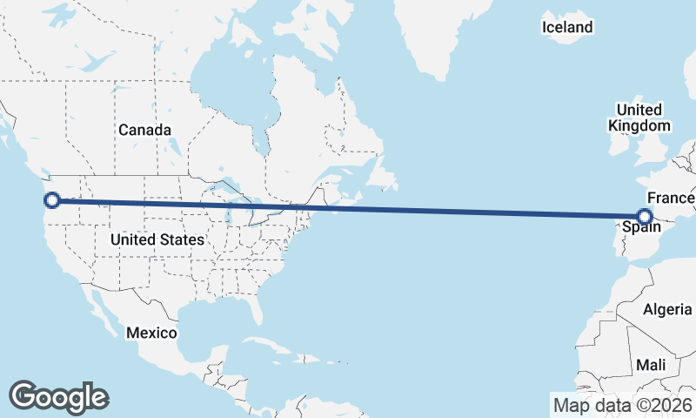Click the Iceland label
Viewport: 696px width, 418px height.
(x=566, y=28)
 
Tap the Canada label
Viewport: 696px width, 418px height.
(x=144, y=130)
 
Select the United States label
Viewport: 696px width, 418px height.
(x=158, y=239)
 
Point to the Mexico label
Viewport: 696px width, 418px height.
(x=151, y=333)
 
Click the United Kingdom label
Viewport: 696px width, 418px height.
(x=639, y=118)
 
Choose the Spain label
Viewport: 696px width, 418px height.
(x=640, y=229)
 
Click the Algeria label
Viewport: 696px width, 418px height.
(x=666, y=309)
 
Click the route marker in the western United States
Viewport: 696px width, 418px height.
(x=52, y=200)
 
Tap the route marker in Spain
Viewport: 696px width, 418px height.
(x=645, y=217)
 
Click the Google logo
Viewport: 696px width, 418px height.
(x=58, y=397)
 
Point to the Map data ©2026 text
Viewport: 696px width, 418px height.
(x=623, y=405)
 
